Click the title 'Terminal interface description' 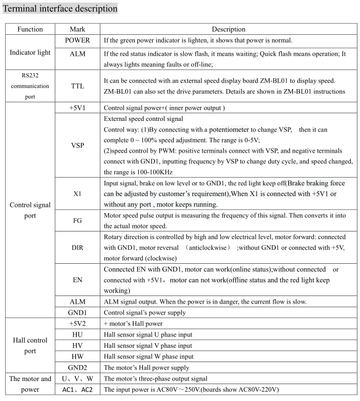pyautogui.click(x=60, y=8)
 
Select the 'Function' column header pyautogui.click(x=30, y=29)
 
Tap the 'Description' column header pyautogui.click(x=228, y=29)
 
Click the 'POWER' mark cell pyautogui.click(x=77, y=40)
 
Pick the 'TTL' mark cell pyautogui.click(x=77, y=87)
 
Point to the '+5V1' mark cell pyautogui.click(x=77, y=108)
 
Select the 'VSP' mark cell pyautogui.click(x=77, y=145)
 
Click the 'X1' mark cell pyautogui.click(x=77, y=194)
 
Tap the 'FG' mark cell pyautogui.click(x=77, y=220)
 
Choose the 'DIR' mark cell pyautogui.click(x=77, y=247)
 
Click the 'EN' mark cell pyautogui.click(x=77, y=280)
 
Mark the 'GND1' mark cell pyautogui.click(x=77, y=312)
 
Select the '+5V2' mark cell pyautogui.click(x=77, y=323)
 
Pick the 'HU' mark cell pyautogui.click(x=77, y=334)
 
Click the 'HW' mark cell pyautogui.click(x=77, y=356)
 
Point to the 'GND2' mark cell pyautogui.click(x=77, y=367)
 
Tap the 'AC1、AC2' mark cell pyautogui.click(x=77, y=390)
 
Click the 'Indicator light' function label pyautogui.click(x=30, y=52)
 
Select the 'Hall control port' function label pyautogui.click(x=30, y=345)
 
